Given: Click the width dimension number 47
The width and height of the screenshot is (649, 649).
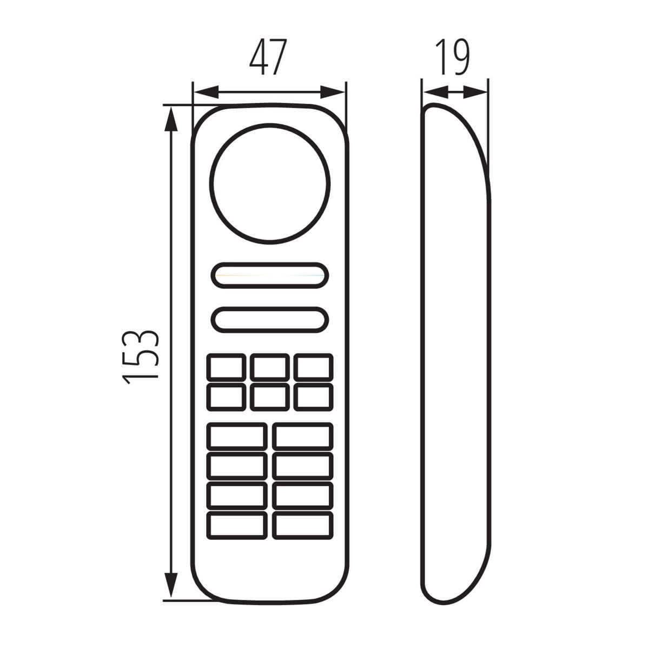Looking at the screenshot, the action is (268, 57).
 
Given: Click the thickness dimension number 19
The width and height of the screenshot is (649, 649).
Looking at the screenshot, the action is (452, 57).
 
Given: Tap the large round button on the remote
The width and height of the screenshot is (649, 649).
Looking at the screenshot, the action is (270, 183).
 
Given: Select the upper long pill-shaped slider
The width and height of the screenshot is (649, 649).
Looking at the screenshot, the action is (270, 275).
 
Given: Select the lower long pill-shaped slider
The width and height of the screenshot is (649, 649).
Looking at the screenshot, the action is (270, 320).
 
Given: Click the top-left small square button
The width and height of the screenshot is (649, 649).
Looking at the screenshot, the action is (226, 367).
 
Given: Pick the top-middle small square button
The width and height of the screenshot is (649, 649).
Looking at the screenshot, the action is (270, 367).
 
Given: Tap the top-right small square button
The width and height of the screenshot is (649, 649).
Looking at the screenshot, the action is (314, 367).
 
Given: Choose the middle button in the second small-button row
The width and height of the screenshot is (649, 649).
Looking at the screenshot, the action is (270, 397).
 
